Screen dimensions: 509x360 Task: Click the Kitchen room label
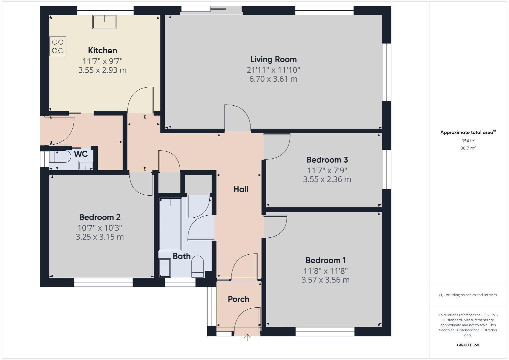102,50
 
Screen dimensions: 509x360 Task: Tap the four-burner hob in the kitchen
58,46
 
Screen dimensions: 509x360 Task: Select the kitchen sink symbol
104,22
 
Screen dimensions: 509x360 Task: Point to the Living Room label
274,59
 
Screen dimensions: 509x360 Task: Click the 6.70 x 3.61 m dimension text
274,79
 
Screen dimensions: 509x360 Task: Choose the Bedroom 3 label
327,160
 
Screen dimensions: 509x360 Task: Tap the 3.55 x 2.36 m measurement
327,179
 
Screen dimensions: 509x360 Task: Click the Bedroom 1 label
326,260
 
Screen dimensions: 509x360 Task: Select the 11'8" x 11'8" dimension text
326,271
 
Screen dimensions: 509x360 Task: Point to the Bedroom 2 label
100,217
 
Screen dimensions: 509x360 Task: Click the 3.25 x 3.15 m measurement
100,237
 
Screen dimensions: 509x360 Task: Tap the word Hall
241,189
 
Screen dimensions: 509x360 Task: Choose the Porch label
238,299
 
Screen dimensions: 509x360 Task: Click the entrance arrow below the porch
247,338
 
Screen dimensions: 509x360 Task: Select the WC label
81,154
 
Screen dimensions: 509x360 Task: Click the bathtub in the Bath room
170,224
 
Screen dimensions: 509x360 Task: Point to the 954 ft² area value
468,141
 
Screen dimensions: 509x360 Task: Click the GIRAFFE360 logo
468,345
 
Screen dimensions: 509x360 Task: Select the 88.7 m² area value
468,148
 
